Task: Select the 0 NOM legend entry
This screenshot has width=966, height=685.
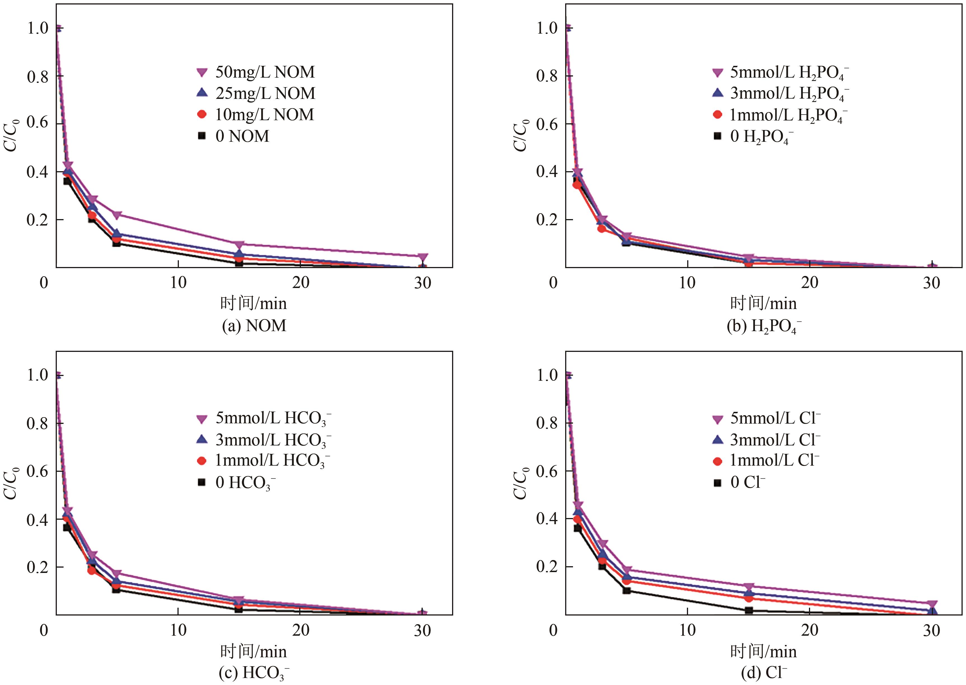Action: [234, 136]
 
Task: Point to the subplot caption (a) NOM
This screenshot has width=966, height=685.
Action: [254, 326]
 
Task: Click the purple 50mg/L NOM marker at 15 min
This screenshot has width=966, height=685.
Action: [239, 245]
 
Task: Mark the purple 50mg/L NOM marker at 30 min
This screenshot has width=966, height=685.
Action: [423, 257]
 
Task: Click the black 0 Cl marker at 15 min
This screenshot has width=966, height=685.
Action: [749, 610]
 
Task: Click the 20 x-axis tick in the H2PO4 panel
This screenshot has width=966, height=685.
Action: [810, 283]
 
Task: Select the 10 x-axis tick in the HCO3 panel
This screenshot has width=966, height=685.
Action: [178, 630]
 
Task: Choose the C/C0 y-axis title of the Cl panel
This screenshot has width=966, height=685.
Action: [521, 483]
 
